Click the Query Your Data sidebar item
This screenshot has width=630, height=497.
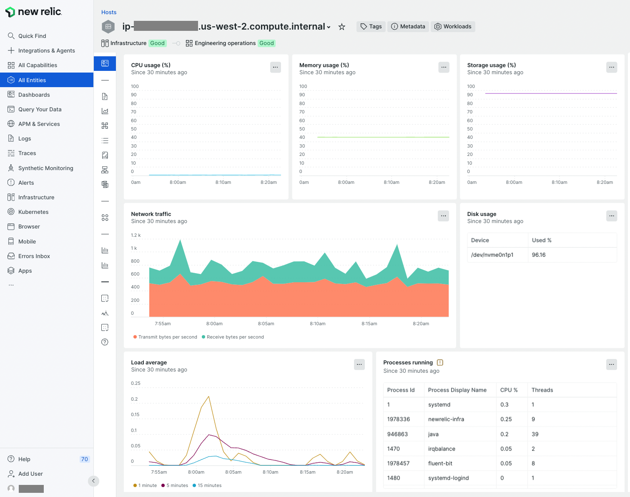40,109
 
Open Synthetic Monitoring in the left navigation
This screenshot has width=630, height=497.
45,168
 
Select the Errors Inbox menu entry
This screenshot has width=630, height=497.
34,256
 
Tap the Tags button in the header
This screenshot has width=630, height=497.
371,27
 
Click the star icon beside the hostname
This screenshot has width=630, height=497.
341,27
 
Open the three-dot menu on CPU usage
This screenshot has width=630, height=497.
275,67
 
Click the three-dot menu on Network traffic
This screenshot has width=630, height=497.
443,216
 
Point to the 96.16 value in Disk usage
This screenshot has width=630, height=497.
539,255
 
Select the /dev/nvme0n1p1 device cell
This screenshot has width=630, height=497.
492,255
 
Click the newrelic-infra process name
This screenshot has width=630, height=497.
446,419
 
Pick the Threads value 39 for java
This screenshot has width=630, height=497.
535,434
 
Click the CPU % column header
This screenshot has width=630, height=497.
509,390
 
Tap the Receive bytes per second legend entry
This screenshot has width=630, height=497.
235,337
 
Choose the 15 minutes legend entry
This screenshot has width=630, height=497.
209,485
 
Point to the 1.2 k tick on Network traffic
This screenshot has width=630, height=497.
136,235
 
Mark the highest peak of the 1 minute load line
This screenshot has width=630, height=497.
208,397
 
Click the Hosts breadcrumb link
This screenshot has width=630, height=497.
109,12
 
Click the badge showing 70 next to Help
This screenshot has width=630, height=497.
84,459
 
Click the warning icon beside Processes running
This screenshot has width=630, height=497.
440,362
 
